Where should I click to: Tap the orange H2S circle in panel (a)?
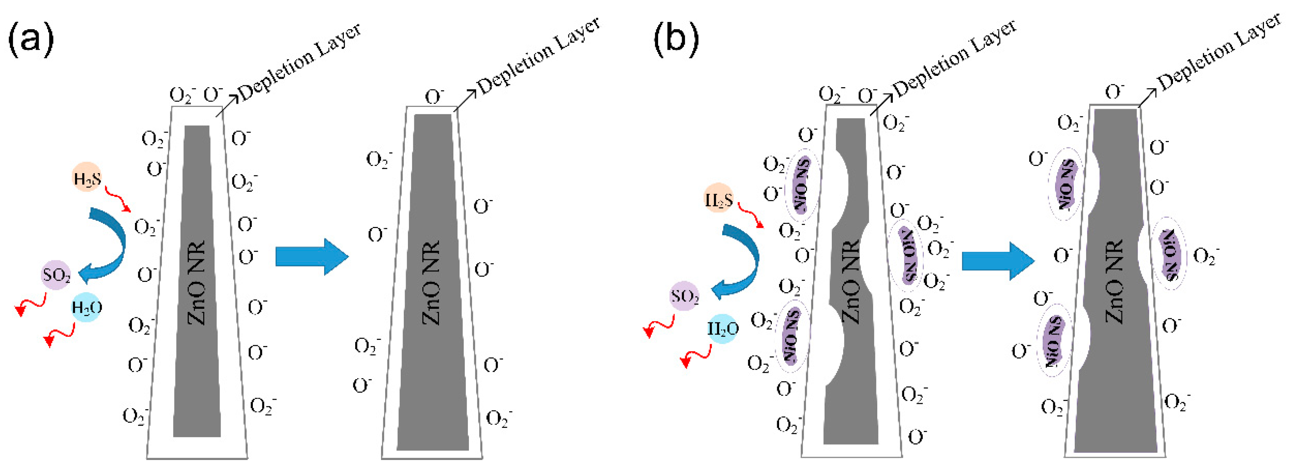point(87,177)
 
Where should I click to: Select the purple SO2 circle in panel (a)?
point(56,275)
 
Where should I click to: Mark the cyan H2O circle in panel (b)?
point(723,329)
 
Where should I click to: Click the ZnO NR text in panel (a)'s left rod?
point(197,283)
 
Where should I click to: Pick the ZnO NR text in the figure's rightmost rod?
point(1115,283)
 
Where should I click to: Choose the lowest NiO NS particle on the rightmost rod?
point(1053,340)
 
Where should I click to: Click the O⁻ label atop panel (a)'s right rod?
point(434,97)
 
